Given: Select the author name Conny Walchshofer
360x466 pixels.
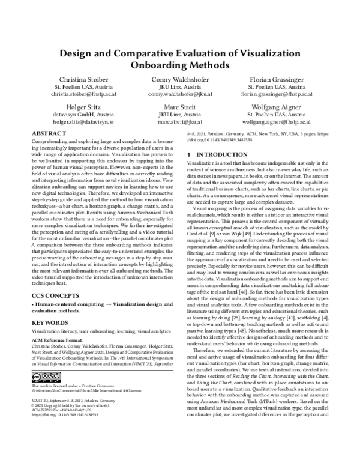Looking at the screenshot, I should [x=180, y=79].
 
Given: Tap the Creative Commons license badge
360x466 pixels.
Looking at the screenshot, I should [x=43, y=376].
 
